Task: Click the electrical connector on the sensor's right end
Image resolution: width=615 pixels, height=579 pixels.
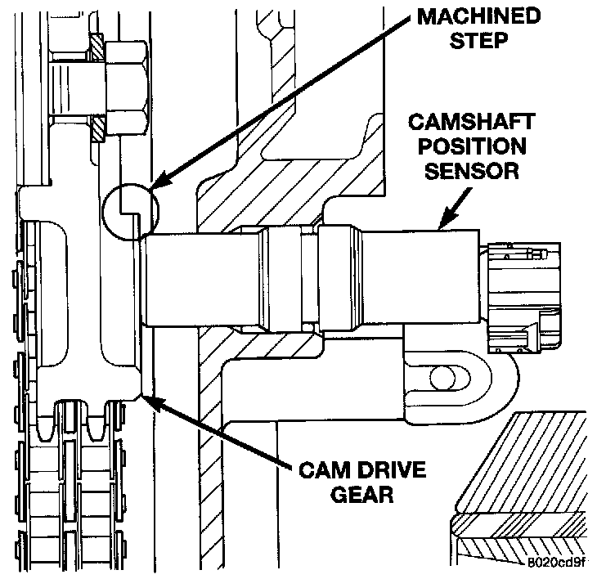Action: tap(521, 295)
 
